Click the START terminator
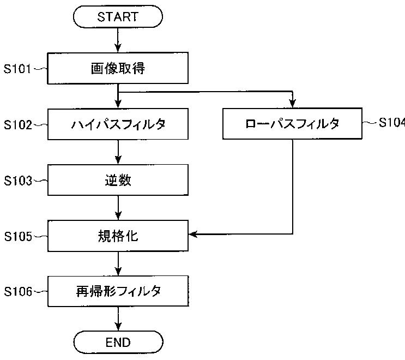[118, 16]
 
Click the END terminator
[118, 342]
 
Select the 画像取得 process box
[118, 68]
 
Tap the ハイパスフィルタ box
[118, 124]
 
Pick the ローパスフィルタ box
[292, 123]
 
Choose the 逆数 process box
[118, 180]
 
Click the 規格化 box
[118, 236]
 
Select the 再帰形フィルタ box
[118, 291]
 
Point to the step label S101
[17, 69]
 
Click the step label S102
[17, 124]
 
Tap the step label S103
[17, 181]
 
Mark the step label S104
[392, 122]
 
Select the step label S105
[17, 236]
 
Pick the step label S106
[17, 291]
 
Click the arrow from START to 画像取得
[118, 40]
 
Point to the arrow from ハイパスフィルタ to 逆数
[118, 152]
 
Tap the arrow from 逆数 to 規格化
[118, 208]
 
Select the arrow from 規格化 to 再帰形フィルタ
[118, 263]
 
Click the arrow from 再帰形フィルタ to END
[118, 319]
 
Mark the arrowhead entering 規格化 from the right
[192, 234]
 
